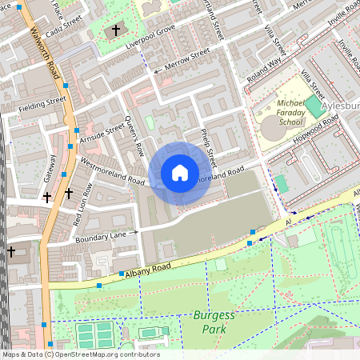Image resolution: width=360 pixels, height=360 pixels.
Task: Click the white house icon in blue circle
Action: (179, 172)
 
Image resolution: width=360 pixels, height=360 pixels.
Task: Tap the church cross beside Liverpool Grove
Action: (115, 30)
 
